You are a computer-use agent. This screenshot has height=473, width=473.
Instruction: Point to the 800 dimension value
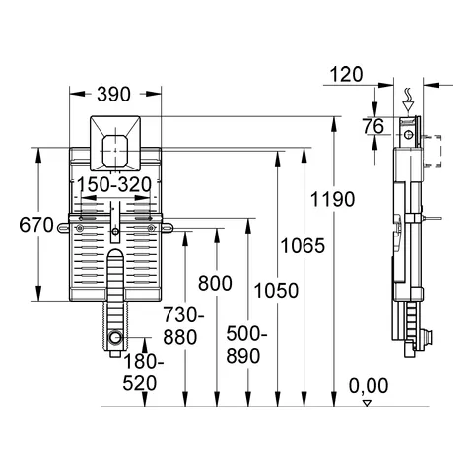pos(215,283)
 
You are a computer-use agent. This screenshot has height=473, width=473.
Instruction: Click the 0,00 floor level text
pos(369,385)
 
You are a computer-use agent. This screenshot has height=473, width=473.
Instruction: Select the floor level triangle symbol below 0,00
pos(367,402)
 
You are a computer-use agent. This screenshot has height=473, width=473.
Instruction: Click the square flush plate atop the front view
pos(115,142)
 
